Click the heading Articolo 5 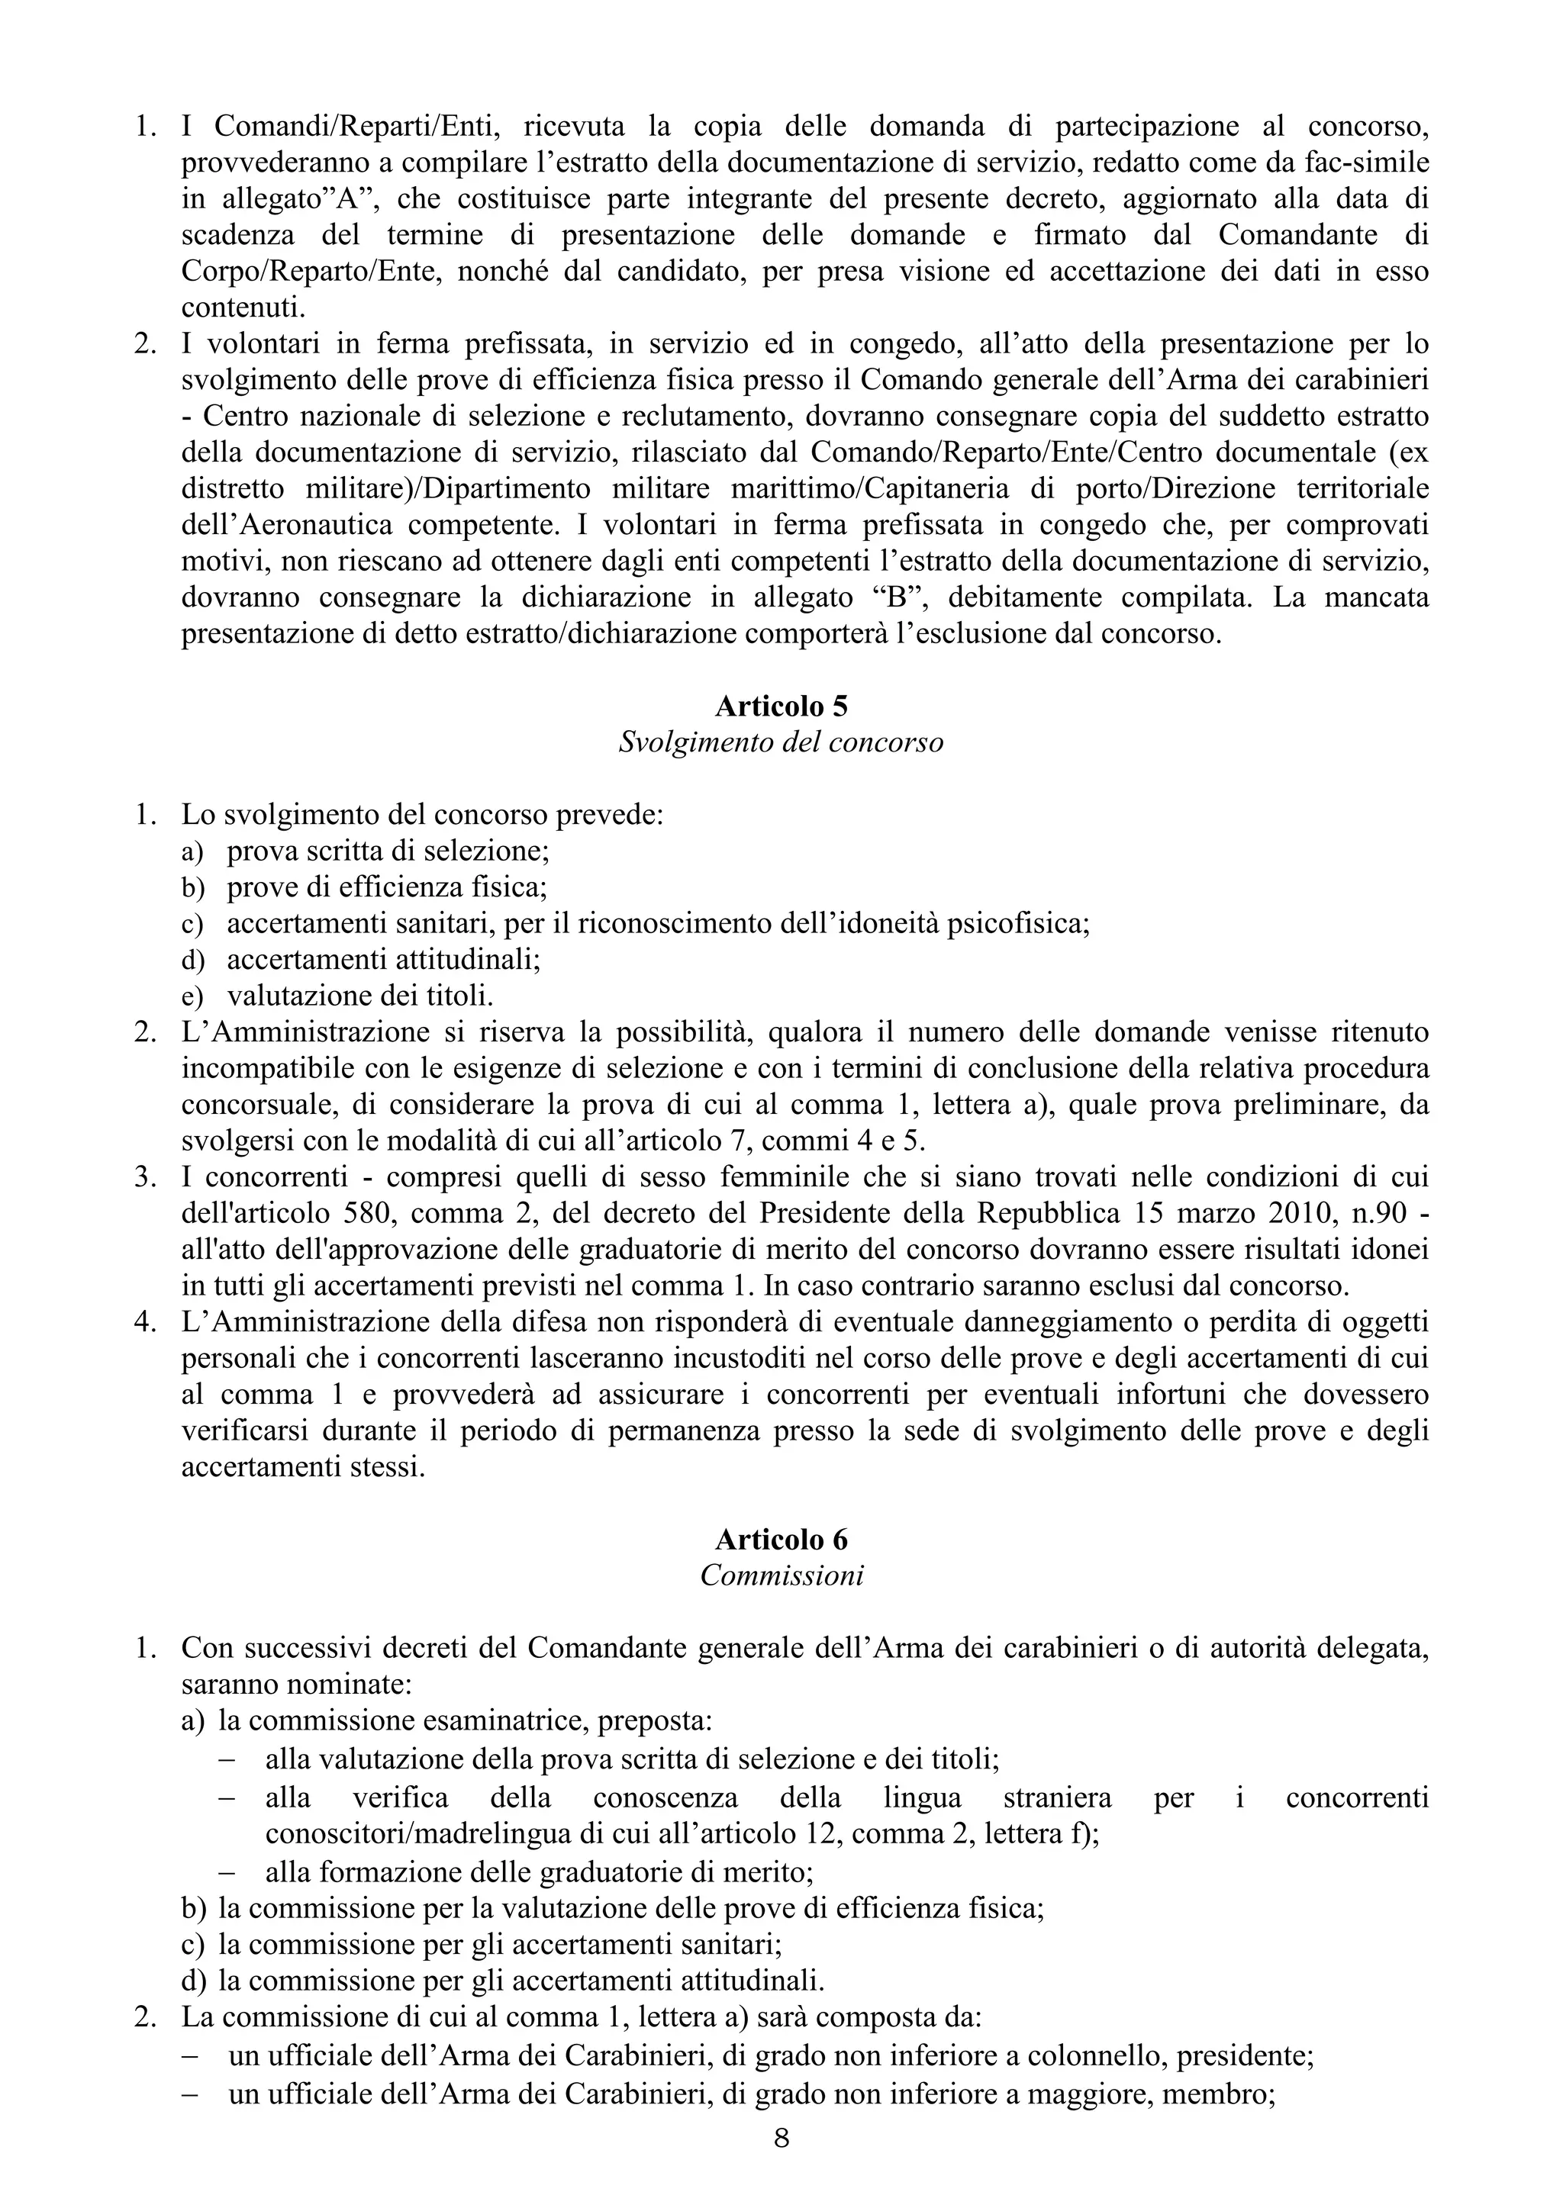[x=781, y=706]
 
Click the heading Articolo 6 [x=781, y=1539]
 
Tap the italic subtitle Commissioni [x=781, y=1575]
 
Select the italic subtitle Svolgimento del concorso [x=781, y=742]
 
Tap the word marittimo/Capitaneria [x=869, y=488]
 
